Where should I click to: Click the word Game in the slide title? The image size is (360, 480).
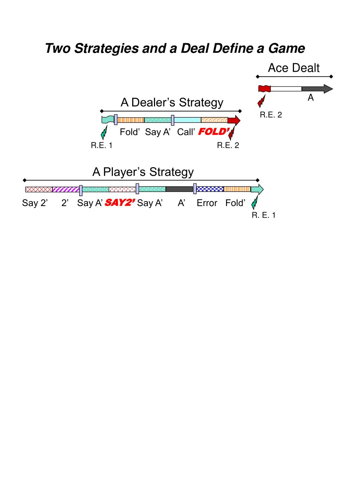tap(287, 49)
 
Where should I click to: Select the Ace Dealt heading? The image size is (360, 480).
tap(294, 68)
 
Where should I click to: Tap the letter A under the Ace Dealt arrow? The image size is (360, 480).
tap(310, 98)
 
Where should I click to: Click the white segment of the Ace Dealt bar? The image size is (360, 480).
tap(286, 89)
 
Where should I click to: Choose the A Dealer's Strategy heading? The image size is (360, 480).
tap(172, 102)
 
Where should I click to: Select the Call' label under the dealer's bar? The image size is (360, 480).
tap(186, 132)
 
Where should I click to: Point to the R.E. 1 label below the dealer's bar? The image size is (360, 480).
tap(102, 146)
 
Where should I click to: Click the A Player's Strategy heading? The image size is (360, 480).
tap(143, 172)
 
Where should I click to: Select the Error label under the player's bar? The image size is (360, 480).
tap(207, 203)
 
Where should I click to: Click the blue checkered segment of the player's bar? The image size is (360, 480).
tap(210, 189)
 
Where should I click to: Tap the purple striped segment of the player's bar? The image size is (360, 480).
tap(66, 190)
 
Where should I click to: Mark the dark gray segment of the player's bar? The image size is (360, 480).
tap(179, 189)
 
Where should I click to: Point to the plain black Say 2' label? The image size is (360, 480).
tap(35, 203)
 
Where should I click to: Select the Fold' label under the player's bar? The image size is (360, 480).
tap(235, 203)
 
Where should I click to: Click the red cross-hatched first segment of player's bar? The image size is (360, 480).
tap(39, 190)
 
